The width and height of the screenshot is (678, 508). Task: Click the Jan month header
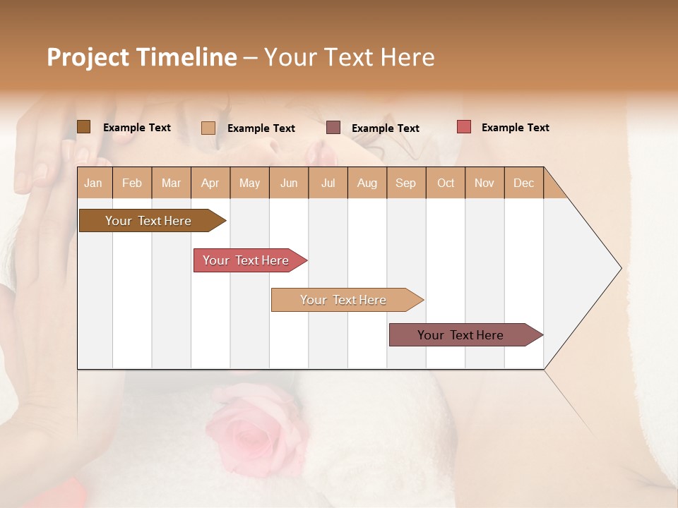(94, 183)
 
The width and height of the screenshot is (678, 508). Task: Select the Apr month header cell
(210, 183)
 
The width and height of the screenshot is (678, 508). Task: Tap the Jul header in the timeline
(328, 183)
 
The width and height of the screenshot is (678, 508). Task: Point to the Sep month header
(405, 183)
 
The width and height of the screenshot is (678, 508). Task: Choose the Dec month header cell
(523, 183)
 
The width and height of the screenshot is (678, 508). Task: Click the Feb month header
(132, 183)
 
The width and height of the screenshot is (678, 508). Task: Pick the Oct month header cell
(446, 183)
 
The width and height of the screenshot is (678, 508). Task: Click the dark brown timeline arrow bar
(149, 221)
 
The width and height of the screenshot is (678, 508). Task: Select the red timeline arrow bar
(246, 260)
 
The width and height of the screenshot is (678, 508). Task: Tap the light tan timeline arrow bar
(344, 300)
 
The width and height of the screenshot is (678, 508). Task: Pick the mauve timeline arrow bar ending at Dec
(461, 335)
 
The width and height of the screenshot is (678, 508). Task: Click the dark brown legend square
(83, 127)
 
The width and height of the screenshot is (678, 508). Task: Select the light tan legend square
(208, 128)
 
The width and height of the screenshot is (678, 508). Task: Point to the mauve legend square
(333, 128)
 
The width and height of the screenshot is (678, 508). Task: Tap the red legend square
(464, 127)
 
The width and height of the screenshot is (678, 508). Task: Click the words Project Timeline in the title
(141, 57)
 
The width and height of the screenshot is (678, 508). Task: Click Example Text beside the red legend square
(515, 128)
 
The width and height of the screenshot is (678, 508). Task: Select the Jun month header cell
(289, 183)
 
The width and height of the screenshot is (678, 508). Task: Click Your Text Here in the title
(349, 57)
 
